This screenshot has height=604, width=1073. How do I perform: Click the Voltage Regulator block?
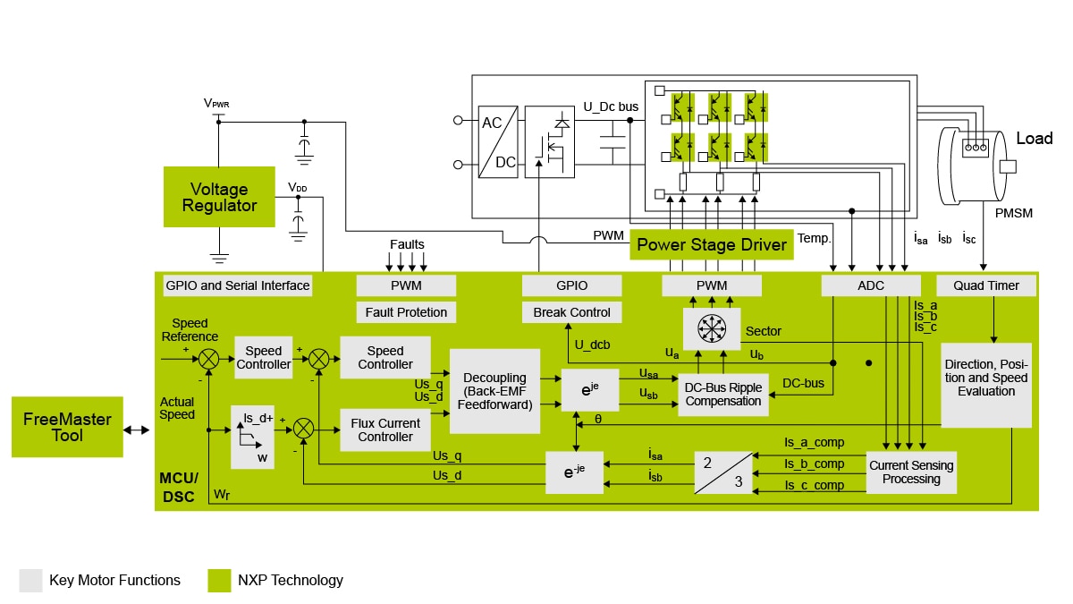(x=219, y=197)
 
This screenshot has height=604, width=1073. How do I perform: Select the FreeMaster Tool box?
(x=67, y=427)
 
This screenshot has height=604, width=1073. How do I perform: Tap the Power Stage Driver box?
(x=712, y=244)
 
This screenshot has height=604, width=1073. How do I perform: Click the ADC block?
(x=871, y=285)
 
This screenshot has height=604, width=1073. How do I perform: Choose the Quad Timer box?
(x=986, y=285)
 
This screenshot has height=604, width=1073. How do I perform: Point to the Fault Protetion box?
(x=406, y=312)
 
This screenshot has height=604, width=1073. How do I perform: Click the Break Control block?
(x=571, y=312)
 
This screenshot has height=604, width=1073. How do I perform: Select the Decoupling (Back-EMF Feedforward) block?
(x=494, y=391)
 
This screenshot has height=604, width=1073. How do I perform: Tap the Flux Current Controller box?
(x=385, y=430)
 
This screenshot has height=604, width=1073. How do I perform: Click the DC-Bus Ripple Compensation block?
(x=722, y=394)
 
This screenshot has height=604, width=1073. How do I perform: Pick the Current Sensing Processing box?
(x=911, y=472)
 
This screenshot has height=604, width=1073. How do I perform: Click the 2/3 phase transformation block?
(x=722, y=472)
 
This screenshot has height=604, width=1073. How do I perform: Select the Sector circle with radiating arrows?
(x=712, y=330)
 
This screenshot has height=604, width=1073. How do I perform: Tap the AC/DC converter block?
(x=498, y=142)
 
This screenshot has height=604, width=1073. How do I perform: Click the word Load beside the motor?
(x=1034, y=139)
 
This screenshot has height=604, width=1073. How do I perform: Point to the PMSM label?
(x=1014, y=213)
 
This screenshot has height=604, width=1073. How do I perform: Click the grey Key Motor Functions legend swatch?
(x=30, y=580)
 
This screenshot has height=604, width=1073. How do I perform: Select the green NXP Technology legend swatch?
(x=219, y=580)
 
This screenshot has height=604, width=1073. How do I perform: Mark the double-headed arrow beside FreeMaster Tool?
(x=138, y=430)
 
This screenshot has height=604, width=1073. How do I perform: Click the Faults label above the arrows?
(x=407, y=244)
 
